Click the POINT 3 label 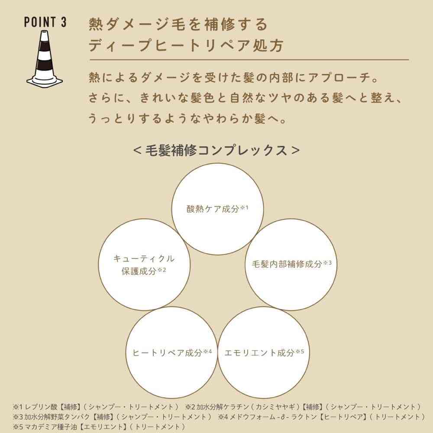45,22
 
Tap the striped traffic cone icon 45,58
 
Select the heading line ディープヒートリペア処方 186,45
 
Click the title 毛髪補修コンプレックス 216,151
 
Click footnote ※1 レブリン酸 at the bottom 36,407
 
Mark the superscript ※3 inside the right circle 327,263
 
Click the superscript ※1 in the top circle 244,207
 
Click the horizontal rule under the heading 249,60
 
